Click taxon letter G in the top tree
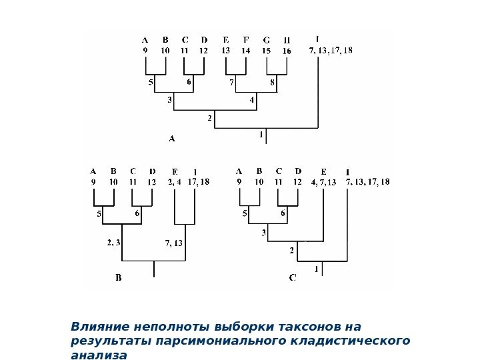(267, 39)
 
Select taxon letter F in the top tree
(246, 39)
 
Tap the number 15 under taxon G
(266, 50)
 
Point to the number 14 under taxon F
(246, 50)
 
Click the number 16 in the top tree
(287, 50)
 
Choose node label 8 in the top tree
(272, 83)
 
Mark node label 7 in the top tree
(231, 83)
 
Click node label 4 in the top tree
(252, 100)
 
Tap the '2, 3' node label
(113, 243)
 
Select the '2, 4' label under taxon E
(175, 180)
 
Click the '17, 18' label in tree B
(199, 180)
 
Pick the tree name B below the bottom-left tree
(119, 278)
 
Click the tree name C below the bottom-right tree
(293, 278)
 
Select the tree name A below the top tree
(171, 139)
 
